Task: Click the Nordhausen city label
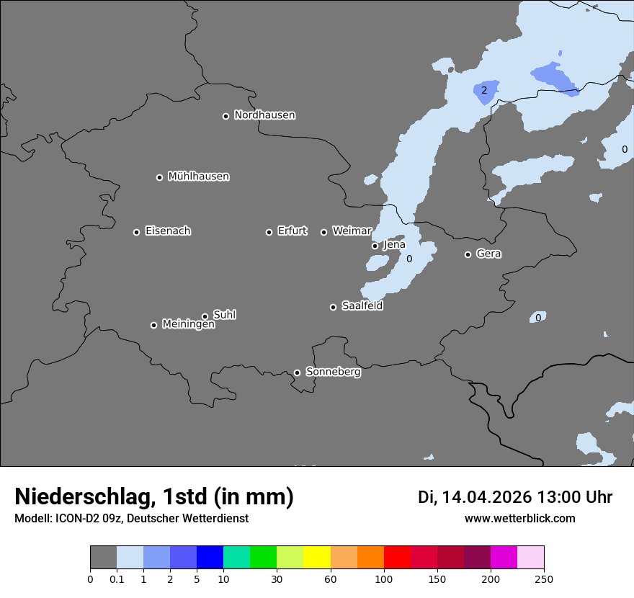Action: point(264,115)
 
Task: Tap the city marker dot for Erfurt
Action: point(269,232)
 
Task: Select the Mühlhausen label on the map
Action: point(198,177)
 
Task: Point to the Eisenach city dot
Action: point(136,232)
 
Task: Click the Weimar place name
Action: point(352,231)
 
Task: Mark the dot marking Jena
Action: point(375,246)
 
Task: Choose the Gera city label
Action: point(488,254)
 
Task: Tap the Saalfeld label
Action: point(362,306)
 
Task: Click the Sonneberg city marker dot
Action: point(297,372)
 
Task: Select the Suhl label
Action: point(224,315)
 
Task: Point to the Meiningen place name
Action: point(188,325)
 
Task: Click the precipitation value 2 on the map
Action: point(484,90)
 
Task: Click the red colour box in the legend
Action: point(397,558)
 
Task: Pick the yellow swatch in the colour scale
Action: point(317,558)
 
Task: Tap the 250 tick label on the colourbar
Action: point(544,579)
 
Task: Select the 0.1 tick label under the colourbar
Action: point(116,579)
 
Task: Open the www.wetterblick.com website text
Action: point(519,518)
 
